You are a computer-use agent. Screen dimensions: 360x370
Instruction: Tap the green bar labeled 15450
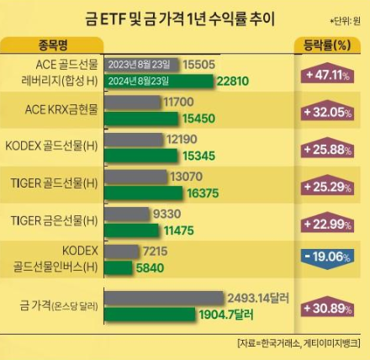[x=142, y=119]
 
